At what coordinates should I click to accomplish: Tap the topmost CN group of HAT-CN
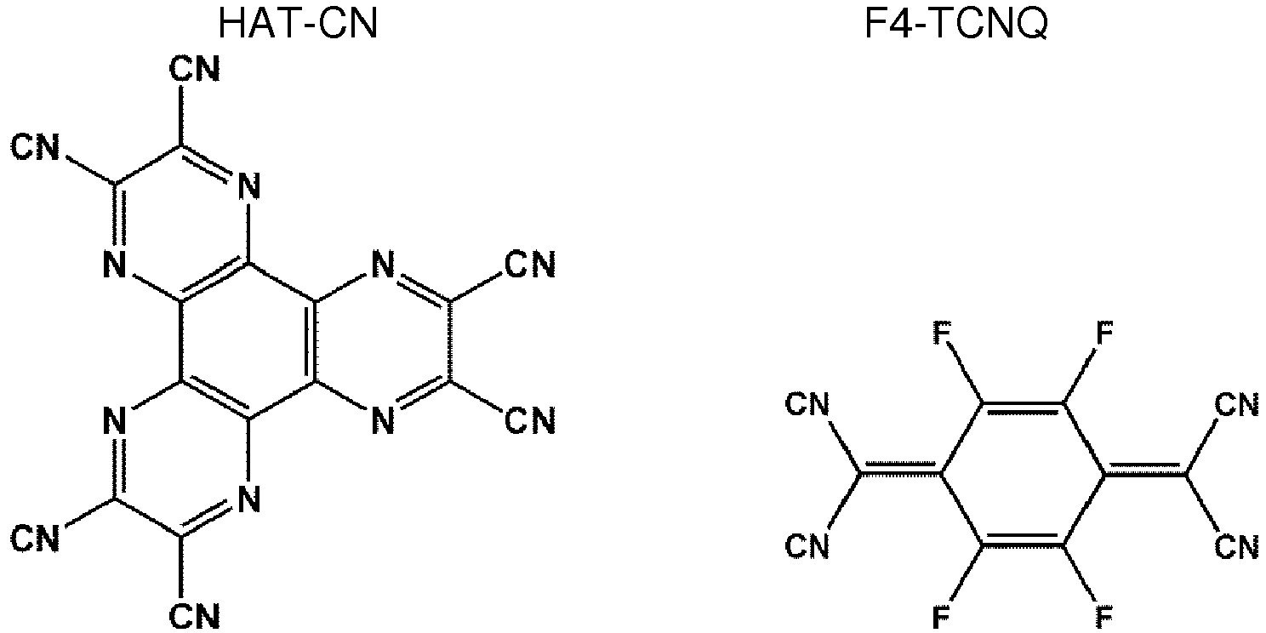pyautogui.click(x=195, y=69)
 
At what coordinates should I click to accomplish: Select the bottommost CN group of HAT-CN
pyautogui.click(x=195, y=613)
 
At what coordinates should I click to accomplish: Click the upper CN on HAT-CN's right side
pyautogui.click(x=530, y=265)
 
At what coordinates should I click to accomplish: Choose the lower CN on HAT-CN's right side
pyautogui.click(x=530, y=420)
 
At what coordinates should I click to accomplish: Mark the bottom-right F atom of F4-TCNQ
pyautogui.click(x=1103, y=614)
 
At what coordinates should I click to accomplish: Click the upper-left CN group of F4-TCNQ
pyautogui.click(x=808, y=403)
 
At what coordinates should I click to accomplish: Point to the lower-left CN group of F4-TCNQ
pyautogui.click(x=808, y=545)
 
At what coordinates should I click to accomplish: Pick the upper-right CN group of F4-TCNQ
pyautogui.click(x=1237, y=403)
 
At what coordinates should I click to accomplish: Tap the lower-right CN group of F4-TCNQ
pyautogui.click(x=1237, y=545)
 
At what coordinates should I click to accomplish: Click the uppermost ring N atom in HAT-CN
pyautogui.click(x=248, y=184)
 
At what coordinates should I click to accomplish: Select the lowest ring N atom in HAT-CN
pyautogui.click(x=248, y=500)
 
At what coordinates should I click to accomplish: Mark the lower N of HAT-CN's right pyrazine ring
pyautogui.click(x=383, y=420)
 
